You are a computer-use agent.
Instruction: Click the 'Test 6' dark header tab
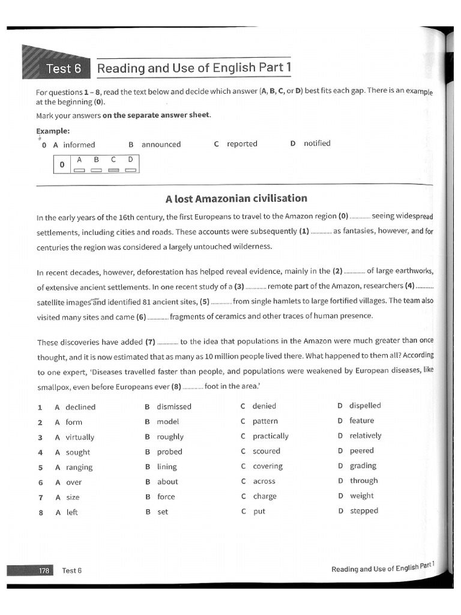(63, 68)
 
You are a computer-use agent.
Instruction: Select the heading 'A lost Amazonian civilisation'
(236, 198)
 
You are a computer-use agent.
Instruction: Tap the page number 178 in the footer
(44, 570)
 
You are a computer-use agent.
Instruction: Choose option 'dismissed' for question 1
(174, 407)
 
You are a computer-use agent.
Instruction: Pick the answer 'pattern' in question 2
(265, 422)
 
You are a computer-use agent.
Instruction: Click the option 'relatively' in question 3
(365, 436)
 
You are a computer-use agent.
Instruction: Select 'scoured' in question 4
(267, 451)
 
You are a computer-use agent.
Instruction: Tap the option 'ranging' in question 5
(79, 467)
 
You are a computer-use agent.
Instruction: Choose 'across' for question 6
(264, 481)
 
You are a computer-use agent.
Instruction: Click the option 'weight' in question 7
(361, 495)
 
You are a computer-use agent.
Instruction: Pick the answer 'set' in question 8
(163, 512)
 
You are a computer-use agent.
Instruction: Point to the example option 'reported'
(242, 144)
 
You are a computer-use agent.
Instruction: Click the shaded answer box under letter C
(113, 170)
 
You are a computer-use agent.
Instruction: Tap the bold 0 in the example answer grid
(62, 165)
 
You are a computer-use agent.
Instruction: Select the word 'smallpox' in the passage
(53, 387)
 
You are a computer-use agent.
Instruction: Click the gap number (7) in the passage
(150, 342)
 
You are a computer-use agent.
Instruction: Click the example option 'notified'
(317, 144)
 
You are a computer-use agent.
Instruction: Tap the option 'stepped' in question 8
(364, 511)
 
